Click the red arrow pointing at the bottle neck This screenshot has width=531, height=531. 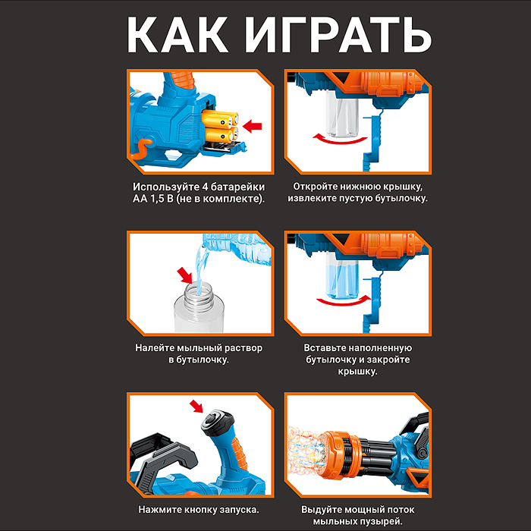click(183, 274)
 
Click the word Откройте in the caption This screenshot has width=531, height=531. click(320, 186)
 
